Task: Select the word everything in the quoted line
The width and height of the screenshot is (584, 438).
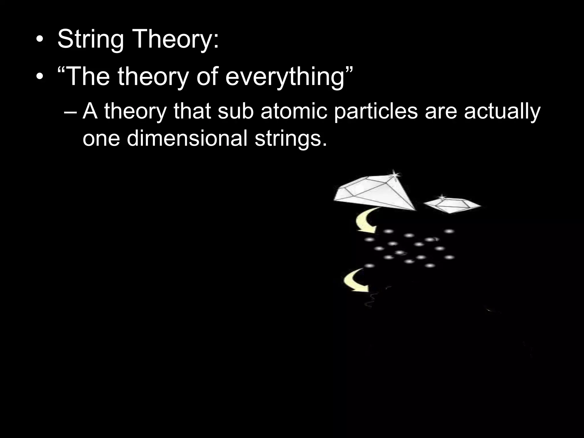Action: [285, 77]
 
